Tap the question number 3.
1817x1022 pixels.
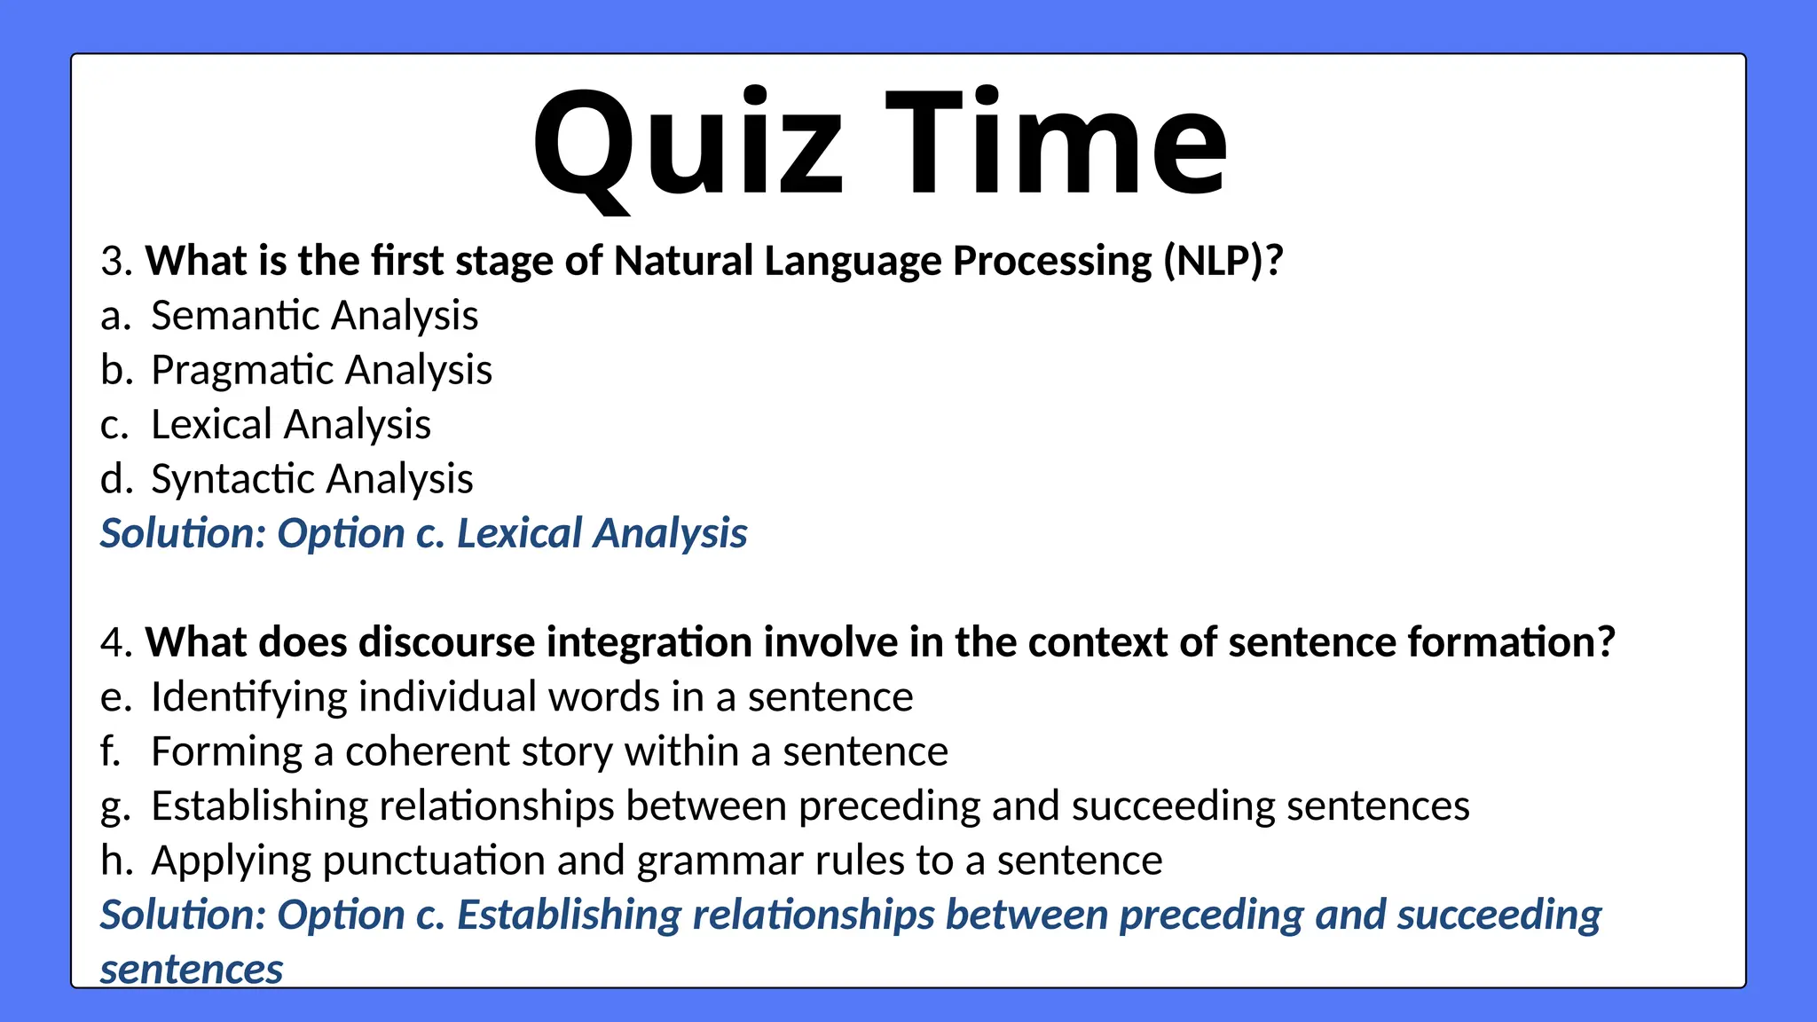point(115,262)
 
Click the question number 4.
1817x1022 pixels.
point(115,643)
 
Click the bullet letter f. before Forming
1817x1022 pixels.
point(110,752)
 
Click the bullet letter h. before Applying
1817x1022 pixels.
point(115,861)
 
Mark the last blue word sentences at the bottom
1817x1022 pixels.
point(191,970)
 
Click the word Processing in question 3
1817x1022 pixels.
point(1052,262)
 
